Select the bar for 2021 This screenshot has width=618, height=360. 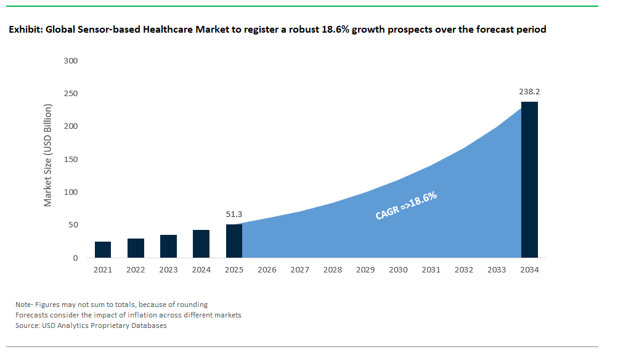(103, 250)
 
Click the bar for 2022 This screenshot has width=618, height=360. (136, 248)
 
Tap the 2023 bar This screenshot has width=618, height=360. (168, 247)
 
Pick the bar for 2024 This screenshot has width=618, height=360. (201, 244)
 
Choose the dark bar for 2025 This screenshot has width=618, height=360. (234, 241)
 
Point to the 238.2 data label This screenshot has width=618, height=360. (529, 92)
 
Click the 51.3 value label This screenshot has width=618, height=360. (234, 214)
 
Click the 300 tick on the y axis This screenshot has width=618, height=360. (71, 61)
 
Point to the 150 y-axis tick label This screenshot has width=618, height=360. (71, 160)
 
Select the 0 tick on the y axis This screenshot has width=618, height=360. (75, 258)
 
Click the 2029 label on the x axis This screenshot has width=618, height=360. (365, 270)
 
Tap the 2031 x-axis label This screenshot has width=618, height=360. (431, 270)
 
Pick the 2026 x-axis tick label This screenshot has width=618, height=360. (267, 270)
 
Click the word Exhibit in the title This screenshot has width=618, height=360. (23, 30)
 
